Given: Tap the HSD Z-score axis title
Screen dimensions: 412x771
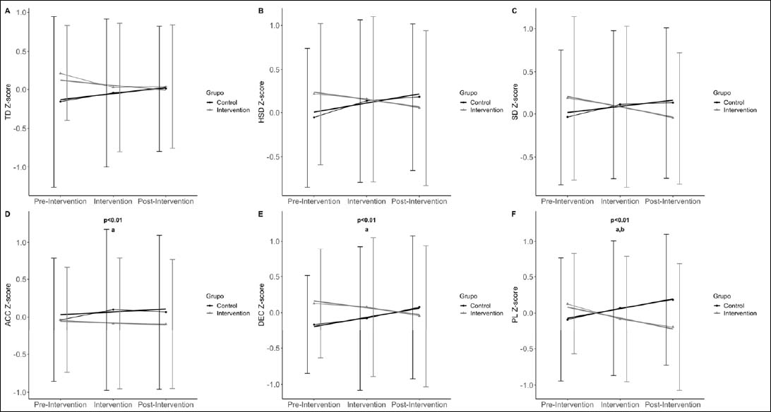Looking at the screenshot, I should [x=261, y=102].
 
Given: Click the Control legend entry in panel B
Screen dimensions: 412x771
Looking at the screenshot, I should [x=477, y=103].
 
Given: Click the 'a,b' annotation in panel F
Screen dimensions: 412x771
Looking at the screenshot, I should [x=624, y=229].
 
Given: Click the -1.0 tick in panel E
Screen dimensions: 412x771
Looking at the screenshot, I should [x=274, y=384].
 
